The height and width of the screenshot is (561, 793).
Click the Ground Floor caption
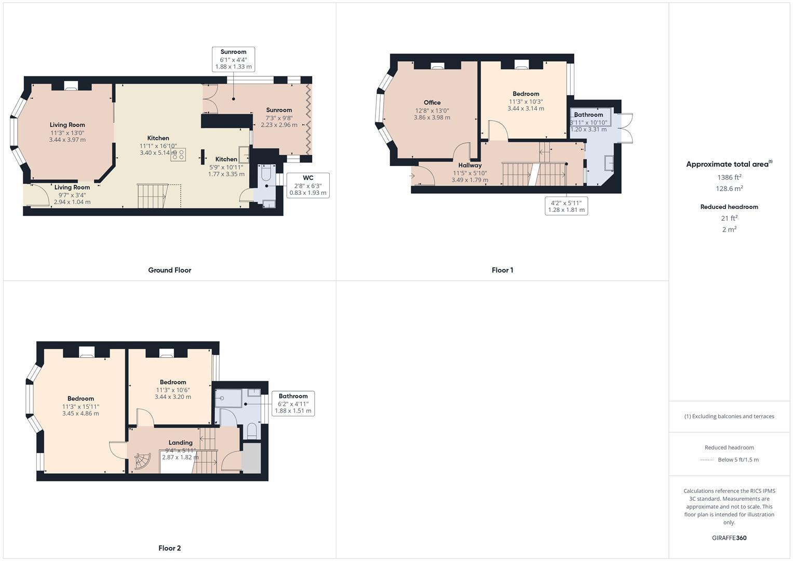click(x=169, y=270)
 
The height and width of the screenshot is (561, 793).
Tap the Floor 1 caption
click(x=502, y=270)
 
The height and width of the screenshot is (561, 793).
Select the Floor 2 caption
click(x=169, y=548)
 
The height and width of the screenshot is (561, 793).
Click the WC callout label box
click(x=307, y=185)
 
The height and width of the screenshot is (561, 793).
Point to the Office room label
click(x=432, y=103)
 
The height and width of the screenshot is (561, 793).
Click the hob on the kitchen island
click(x=178, y=154)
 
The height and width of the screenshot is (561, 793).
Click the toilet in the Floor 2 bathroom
click(x=252, y=430)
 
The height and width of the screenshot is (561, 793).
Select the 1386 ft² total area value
click(x=729, y=177)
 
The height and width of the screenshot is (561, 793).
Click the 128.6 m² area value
click(x=729, y=189)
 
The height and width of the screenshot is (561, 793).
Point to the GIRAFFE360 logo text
click(x=729, y=538)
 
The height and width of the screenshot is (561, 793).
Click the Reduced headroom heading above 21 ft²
click(x=729, y=207)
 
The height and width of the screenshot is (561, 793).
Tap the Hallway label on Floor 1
click(x=469, y=165)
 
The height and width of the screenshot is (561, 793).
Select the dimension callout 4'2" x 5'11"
click(x=566, y=206)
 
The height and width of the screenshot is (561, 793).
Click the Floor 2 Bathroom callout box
click(x=293, y=403)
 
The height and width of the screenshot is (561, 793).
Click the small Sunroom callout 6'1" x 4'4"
click(x=233, y=59)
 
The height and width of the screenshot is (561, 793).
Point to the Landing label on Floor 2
click(x=180, y=443)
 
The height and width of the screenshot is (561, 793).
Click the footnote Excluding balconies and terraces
click(x=729, y=416)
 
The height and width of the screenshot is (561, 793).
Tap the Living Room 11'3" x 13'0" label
click(x=67, y=125)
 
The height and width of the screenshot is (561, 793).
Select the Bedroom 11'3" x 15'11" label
click(x=80, y=398)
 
